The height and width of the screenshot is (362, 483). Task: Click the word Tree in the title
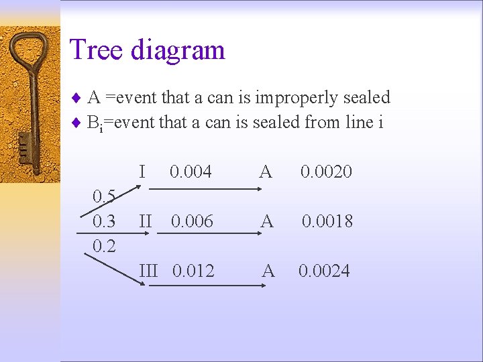point(96,50)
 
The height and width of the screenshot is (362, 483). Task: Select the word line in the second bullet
point(354,122)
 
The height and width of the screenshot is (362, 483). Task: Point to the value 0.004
point(191,172)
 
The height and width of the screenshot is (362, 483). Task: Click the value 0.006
point(192,222)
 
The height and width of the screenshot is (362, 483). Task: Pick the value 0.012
point(193,271)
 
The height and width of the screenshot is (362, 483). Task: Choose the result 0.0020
point(326,172)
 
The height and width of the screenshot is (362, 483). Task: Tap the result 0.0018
point(327,222)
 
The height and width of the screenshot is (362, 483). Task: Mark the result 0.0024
point(324,271)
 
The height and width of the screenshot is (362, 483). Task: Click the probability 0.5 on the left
point(104,196)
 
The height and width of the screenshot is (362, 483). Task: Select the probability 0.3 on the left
point(104,221)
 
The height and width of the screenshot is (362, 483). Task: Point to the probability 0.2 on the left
point(104,246)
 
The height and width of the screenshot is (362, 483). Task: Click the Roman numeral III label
point(148,271)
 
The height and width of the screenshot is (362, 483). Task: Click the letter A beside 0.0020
point(266,172)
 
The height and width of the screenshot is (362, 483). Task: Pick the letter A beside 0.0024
point(268,271)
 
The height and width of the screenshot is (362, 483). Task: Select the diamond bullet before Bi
point(76,123)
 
